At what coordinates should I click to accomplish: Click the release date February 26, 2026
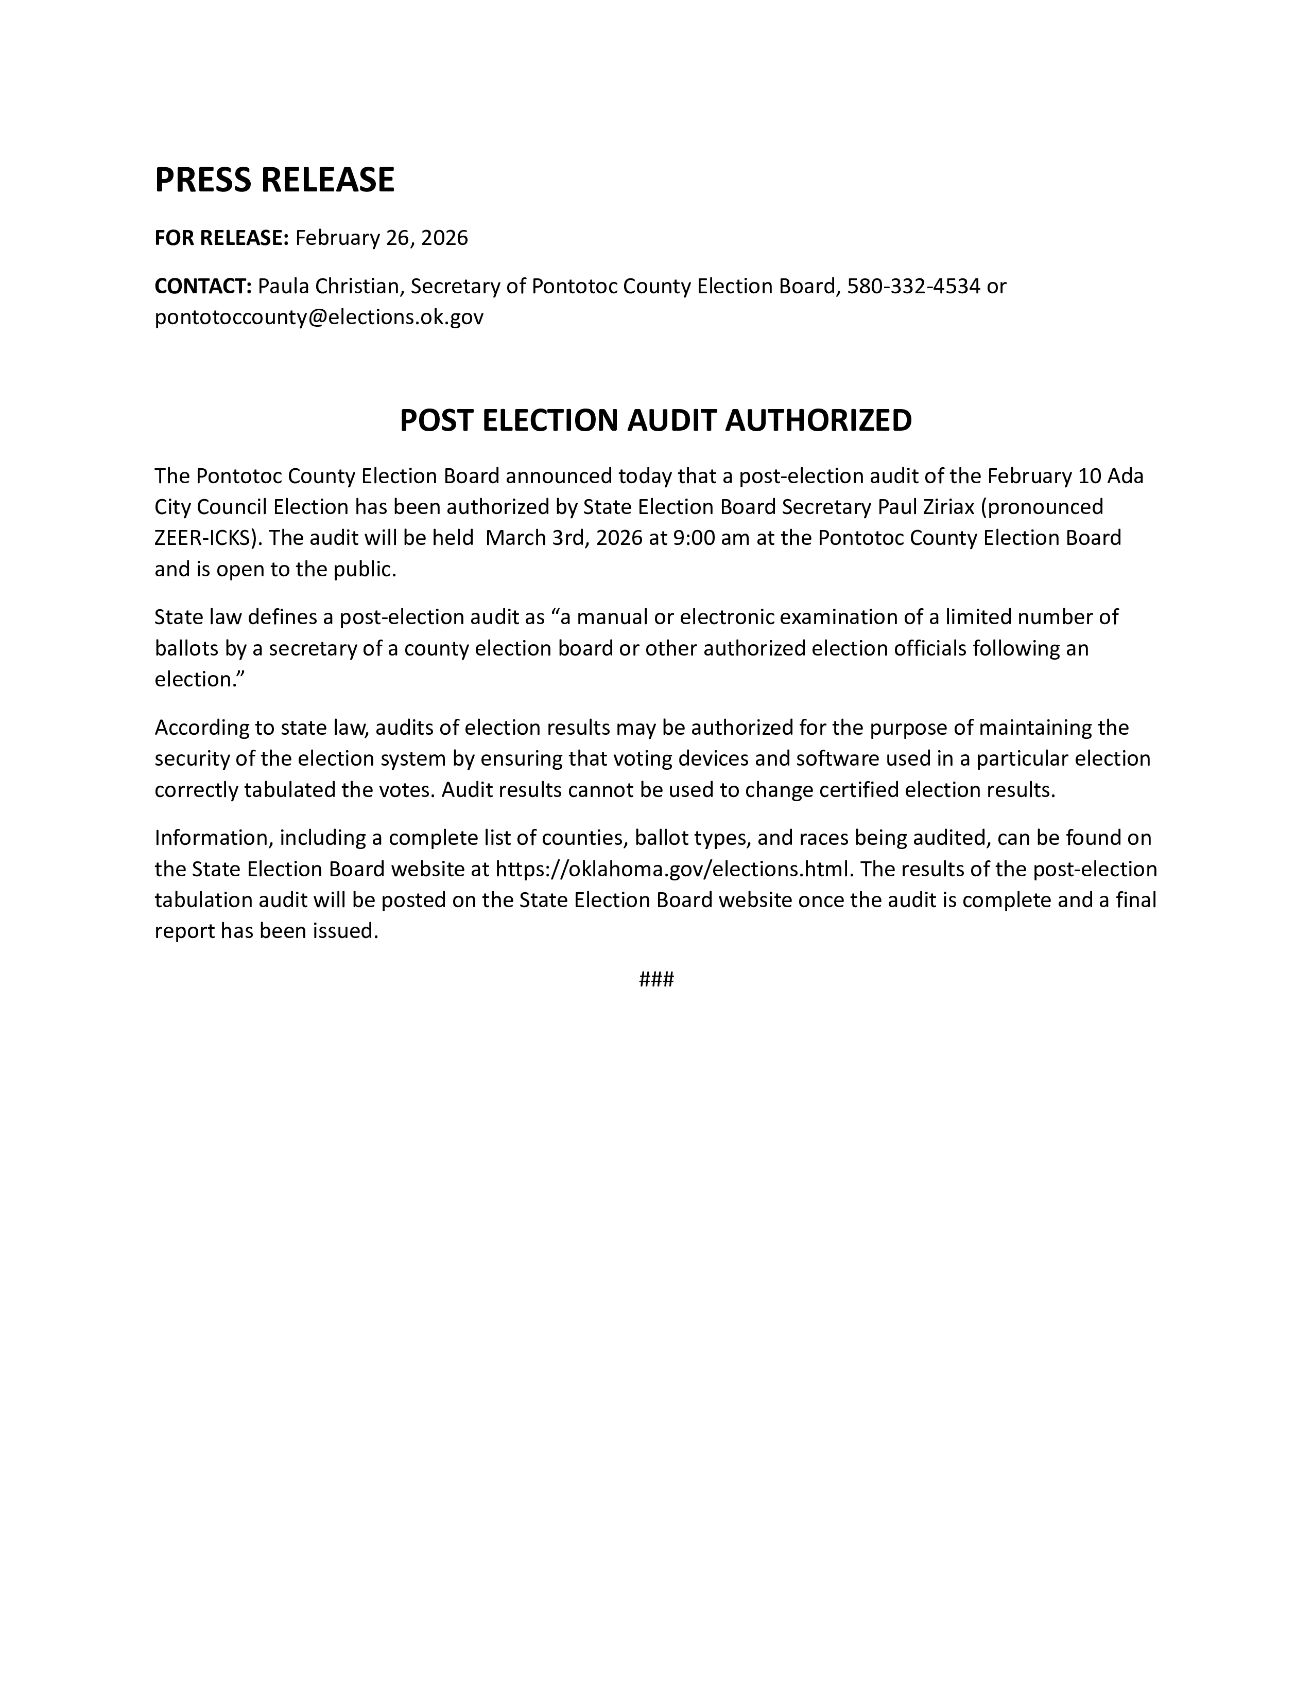[x=381, y=238]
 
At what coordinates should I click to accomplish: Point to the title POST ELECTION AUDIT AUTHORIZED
[x=655, y=420]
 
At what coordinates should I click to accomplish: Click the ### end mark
[x=655, y=979]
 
